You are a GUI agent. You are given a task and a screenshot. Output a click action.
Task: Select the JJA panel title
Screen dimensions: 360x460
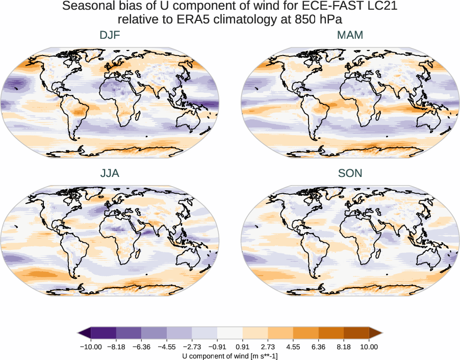pyautogui.click(x=110, y=173)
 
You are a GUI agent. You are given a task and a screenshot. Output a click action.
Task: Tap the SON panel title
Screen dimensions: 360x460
pyautogui.click(x=350, y=173)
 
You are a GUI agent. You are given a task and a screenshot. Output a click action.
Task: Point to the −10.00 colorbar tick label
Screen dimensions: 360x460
pyautogui.click(x=91, y=347)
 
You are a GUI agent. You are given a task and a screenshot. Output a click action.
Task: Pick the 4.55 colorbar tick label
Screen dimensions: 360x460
pyautogui.click(x=293, y=347)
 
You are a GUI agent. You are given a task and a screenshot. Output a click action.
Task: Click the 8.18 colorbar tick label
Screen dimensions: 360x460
pyautogui.click(x=344, y=347)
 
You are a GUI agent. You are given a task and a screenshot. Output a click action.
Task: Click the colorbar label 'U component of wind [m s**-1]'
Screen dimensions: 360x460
pyautogui.click(x=230, y=355)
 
